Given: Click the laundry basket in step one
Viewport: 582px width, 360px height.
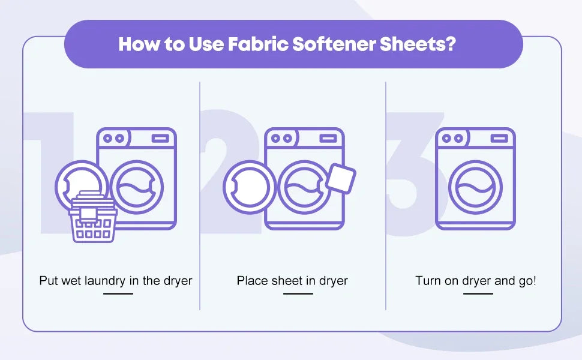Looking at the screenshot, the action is point(93,217).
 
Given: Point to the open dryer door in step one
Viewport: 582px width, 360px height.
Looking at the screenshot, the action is point(59,185).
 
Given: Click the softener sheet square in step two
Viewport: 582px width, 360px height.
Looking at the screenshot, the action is point(341,178).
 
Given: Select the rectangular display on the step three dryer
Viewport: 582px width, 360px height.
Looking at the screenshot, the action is point(499,139).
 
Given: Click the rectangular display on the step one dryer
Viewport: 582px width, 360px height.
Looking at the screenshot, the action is point(160,139).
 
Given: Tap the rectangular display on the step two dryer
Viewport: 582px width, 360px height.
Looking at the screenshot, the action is point(328,139).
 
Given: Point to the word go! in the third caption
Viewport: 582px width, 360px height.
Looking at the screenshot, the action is point(527,281).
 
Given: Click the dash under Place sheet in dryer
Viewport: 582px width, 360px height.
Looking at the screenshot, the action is point(298,293).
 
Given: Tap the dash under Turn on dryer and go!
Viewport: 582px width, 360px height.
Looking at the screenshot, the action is point(478,293).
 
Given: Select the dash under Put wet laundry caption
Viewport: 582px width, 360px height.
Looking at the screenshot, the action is point(118,293).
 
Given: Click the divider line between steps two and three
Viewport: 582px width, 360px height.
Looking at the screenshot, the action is point(386,196).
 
